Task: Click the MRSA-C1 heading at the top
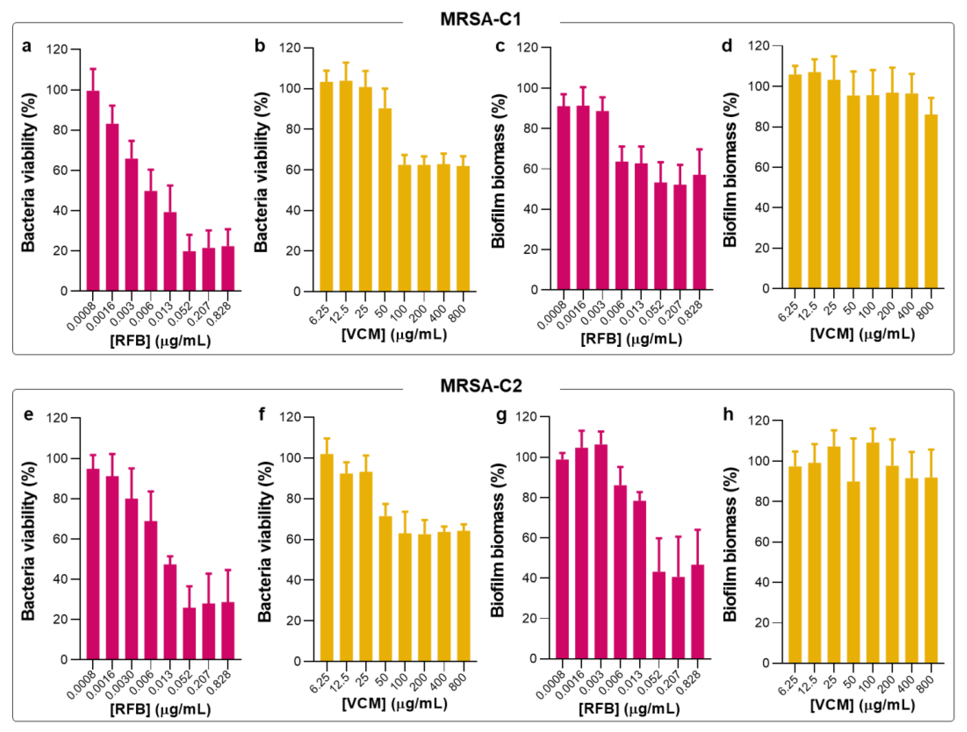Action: coord(481,20)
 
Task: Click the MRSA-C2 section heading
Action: coord(481,386)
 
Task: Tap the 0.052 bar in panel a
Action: coord(189,271)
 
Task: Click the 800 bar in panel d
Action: coord(931,201)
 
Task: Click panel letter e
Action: coord(28,414)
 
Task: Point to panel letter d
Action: coord(727,45)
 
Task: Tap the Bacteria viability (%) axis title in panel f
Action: coord(264,541)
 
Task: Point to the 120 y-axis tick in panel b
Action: coord(291,48)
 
